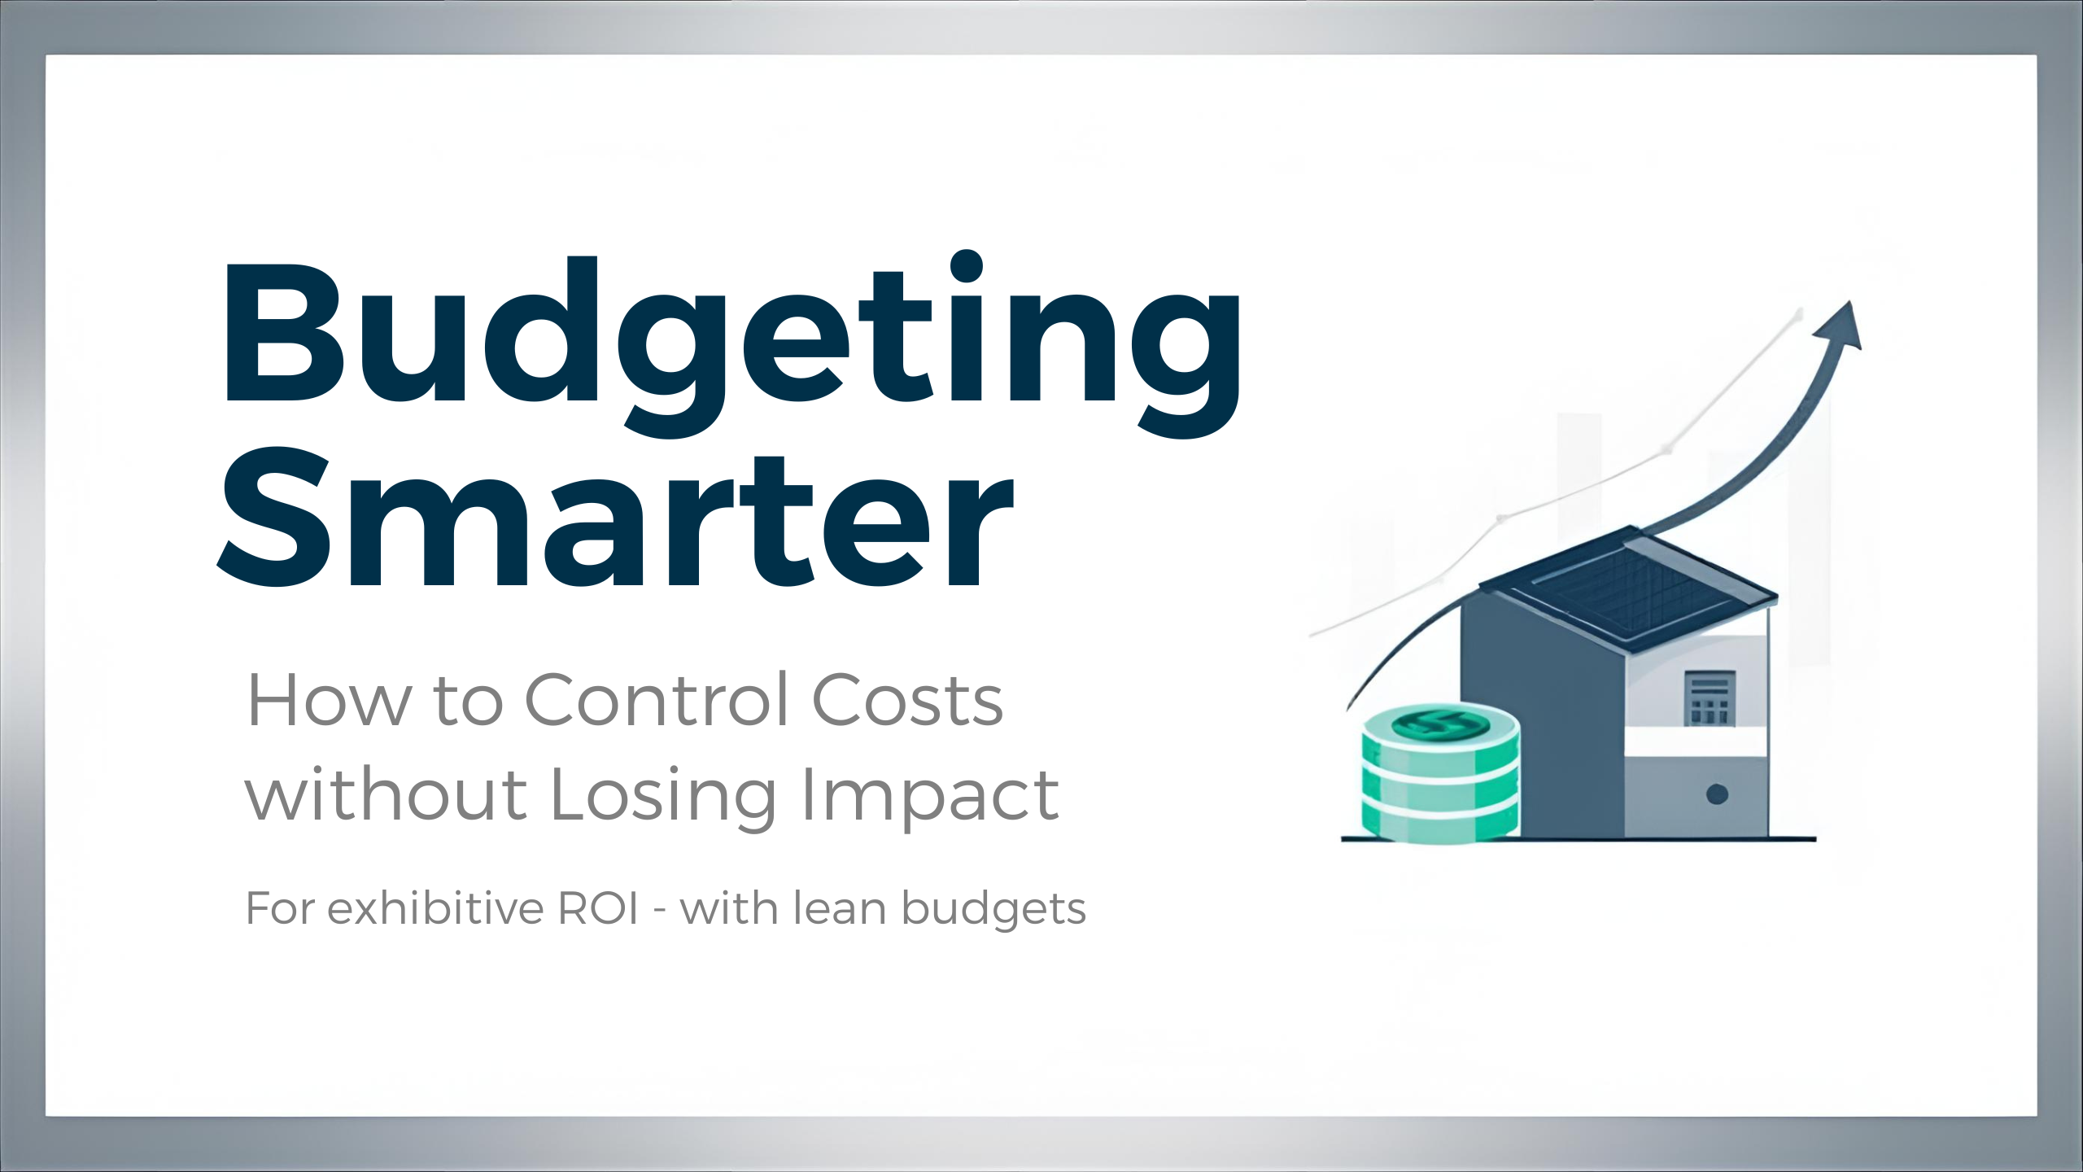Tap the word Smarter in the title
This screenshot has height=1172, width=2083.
click(614, 521)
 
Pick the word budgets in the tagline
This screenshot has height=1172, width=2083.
click(993, 910)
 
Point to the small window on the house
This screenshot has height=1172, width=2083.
click(1710, 698)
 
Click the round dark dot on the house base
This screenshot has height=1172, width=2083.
click(1717, 794)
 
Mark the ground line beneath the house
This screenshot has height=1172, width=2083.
click(1579, 838)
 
